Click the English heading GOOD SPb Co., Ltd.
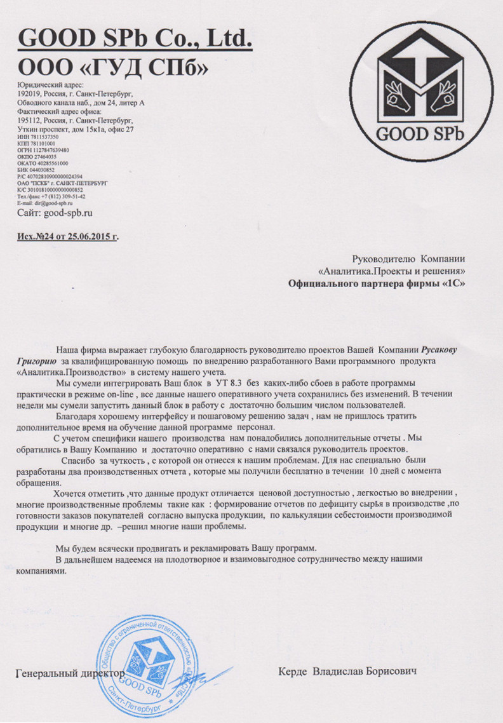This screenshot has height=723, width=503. [135, 39]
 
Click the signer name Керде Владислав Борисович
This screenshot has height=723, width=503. [347, 671]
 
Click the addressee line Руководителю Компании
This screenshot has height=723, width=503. [408, 259]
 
